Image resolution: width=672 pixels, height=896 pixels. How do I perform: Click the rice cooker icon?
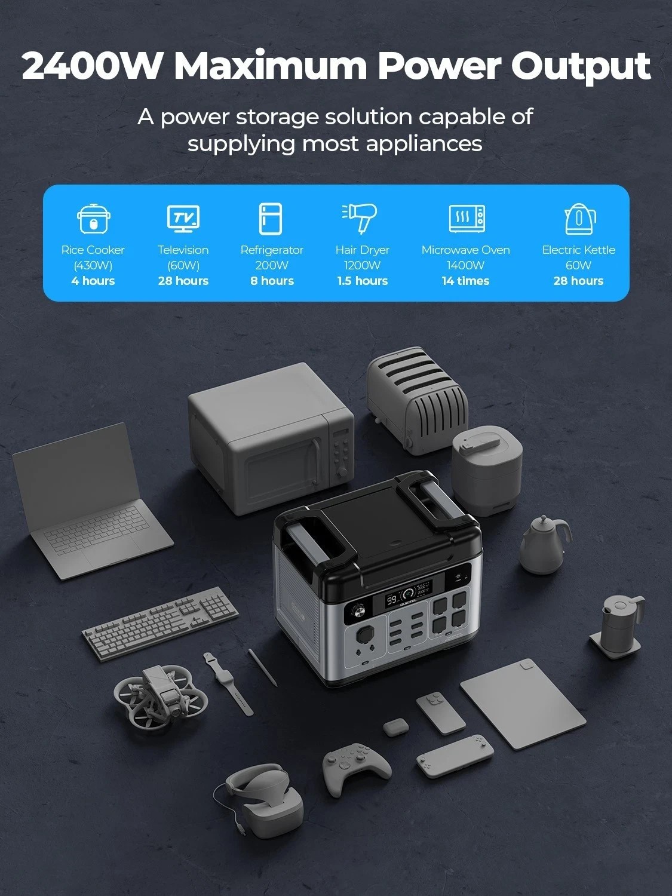(x=93, y=219)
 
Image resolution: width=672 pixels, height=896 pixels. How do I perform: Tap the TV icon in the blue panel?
(x=183, y=219)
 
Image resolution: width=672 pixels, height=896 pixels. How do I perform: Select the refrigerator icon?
(x=271, y=219)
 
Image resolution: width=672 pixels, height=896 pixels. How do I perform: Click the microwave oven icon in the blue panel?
(x=467, y=219)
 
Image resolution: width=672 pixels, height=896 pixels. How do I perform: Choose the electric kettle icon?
(x=580, y=219)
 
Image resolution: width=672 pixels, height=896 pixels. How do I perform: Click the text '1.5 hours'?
(x=363, y=281)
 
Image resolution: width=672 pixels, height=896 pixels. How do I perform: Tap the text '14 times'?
(x=465, y=281)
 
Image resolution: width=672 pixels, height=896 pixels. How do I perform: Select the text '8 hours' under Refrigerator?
(x=272, y=281)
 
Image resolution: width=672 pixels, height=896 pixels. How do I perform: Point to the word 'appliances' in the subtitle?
(x=424, y=144)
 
